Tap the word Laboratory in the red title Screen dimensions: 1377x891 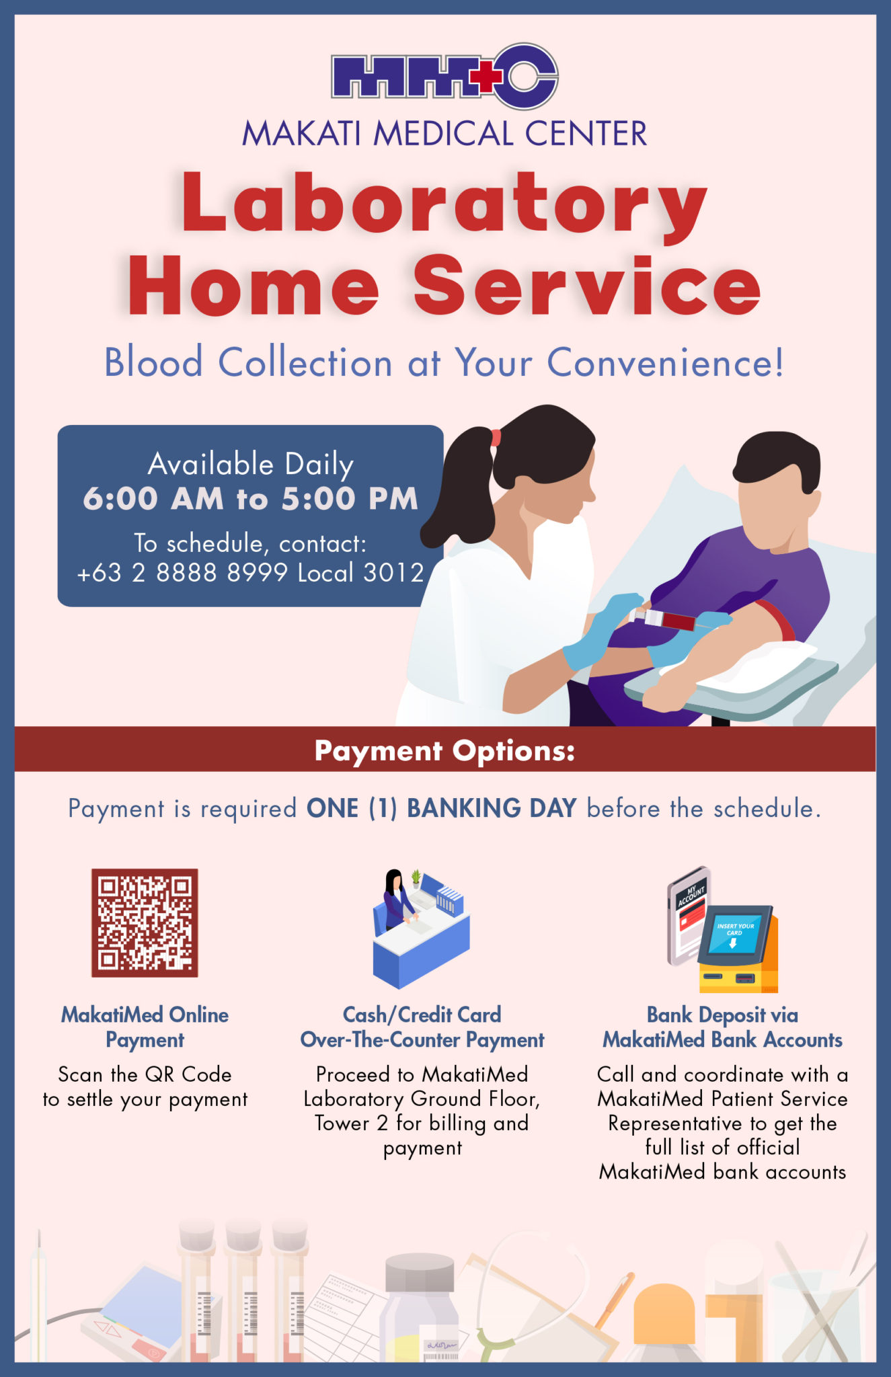pyautogui.click(x=444, y=202)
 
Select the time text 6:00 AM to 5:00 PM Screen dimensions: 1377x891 pyautogui.click(x=250, y=499)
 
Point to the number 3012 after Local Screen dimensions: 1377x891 pyautogui.click(x=393, y=573)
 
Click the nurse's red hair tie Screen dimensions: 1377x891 pyautogui.click(x=496, y=438)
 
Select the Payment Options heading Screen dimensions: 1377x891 pyautogui.click(x=444, y=750)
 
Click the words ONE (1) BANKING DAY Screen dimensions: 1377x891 pyautogui.click(x=441, y=808)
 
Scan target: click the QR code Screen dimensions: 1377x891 pyautogui.click(x=145, y=922)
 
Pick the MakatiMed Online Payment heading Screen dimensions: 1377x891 pyautogui.click(x=145, y=1027)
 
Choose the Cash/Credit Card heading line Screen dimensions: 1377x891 pyautogui.click(x=422, y=1015)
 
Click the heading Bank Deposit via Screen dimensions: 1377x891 pyautogui.click(x=722, y=1015)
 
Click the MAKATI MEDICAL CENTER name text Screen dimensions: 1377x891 pyautogui.click(x=444, y=133)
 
